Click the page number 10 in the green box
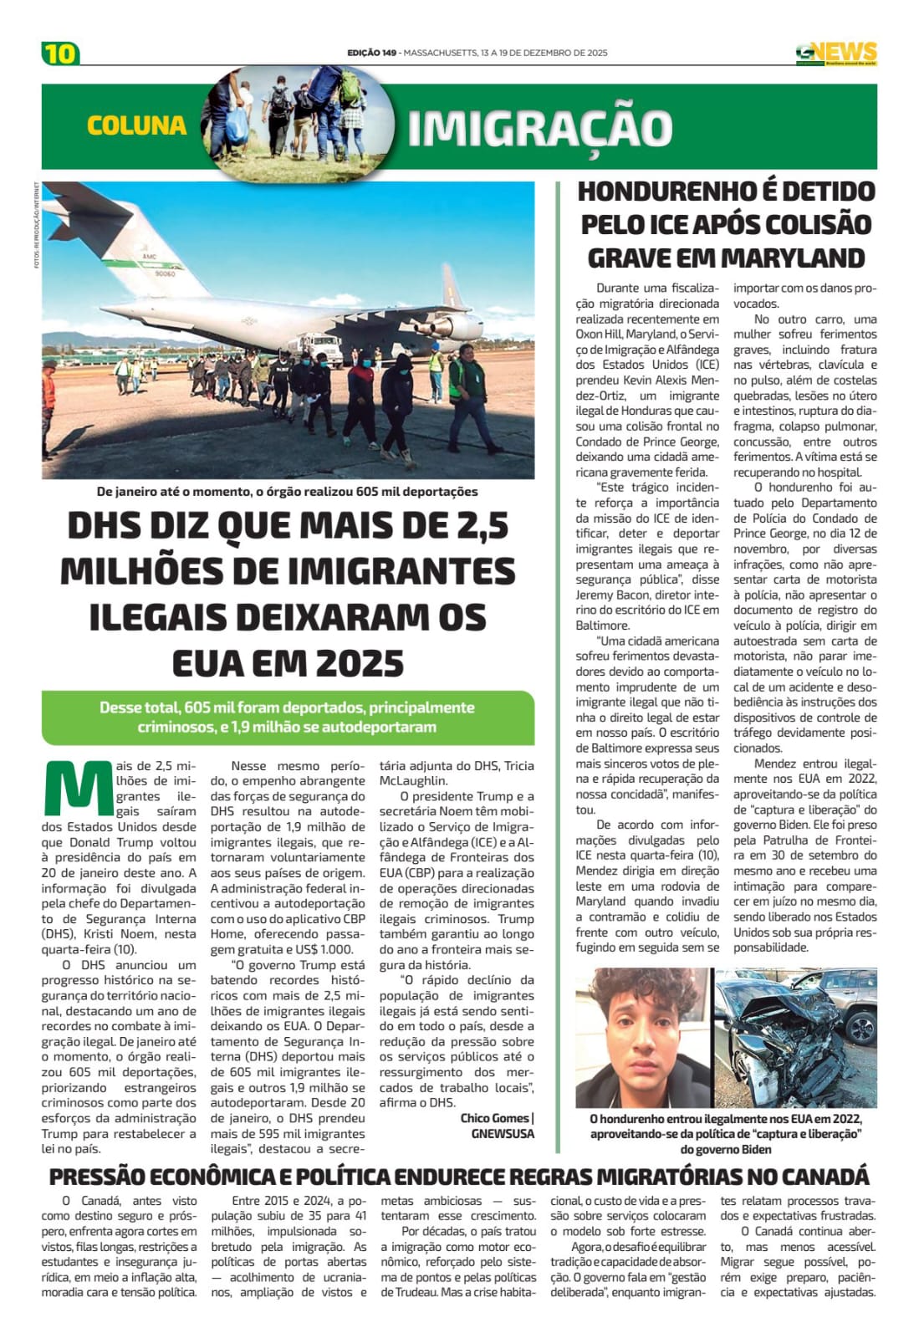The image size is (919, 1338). (59, 54)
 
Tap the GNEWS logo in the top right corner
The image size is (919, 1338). (835, 54)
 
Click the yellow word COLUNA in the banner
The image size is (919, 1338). (136, 125)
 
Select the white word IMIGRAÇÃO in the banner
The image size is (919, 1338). (540, 128)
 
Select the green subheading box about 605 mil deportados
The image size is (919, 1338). (288, 717)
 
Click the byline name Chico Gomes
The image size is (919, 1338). (494, 1118)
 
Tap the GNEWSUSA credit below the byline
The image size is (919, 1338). (503, 1133)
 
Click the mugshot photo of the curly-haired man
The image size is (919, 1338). (641, 1037)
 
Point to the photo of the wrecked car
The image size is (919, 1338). (794, 1037)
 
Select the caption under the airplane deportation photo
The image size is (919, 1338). (288, 492)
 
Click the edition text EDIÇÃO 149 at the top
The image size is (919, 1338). (371, 53)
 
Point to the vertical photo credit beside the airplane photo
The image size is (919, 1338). (37, 226)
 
